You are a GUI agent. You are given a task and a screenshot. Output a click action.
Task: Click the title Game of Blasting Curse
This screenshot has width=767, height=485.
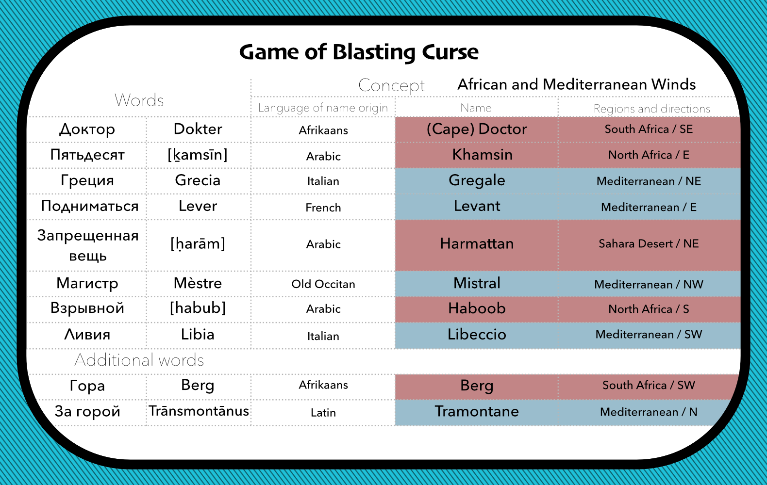pos(359,52)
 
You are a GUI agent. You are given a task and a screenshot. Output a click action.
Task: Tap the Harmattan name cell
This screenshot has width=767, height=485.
pos(477,243)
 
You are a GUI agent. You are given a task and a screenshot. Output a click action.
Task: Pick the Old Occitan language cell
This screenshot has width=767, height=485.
pos(323,284)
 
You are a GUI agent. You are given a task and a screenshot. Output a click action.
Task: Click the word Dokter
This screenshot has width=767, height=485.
pos(198,129)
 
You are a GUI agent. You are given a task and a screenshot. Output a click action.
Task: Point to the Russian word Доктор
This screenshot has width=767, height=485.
pos(87,129)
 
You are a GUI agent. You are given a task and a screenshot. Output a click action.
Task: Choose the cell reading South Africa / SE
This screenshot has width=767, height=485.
pos(649,129)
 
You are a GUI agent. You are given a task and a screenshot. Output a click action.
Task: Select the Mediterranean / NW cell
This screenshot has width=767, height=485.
pos(649,284)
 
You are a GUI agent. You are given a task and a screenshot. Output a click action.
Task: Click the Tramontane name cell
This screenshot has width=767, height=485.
pos(477,412)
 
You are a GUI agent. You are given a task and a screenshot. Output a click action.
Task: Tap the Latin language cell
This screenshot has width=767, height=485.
pos(323,413)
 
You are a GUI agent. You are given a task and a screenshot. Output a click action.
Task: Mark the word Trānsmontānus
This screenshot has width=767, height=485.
pos(199,411)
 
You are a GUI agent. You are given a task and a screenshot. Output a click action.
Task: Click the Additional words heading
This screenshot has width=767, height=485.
pos(139,360)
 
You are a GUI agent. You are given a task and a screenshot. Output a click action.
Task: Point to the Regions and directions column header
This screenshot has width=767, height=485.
pos(651,109)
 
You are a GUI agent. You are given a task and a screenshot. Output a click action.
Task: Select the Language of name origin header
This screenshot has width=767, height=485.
pos(323,108)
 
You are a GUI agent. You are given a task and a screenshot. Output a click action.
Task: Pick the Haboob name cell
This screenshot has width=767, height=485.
pos(477,308)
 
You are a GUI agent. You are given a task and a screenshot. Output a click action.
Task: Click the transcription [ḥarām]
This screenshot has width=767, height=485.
pos(198,243)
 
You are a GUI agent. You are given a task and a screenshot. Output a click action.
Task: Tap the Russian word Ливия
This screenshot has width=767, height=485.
pos(87,335)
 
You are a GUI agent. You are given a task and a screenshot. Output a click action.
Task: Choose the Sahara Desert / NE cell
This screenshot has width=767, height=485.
pos(649,243)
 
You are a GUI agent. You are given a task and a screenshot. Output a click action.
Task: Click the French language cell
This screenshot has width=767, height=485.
pos(323,208)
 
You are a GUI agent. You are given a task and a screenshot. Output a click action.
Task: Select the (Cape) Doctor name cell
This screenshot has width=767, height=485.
pos(477,129)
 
